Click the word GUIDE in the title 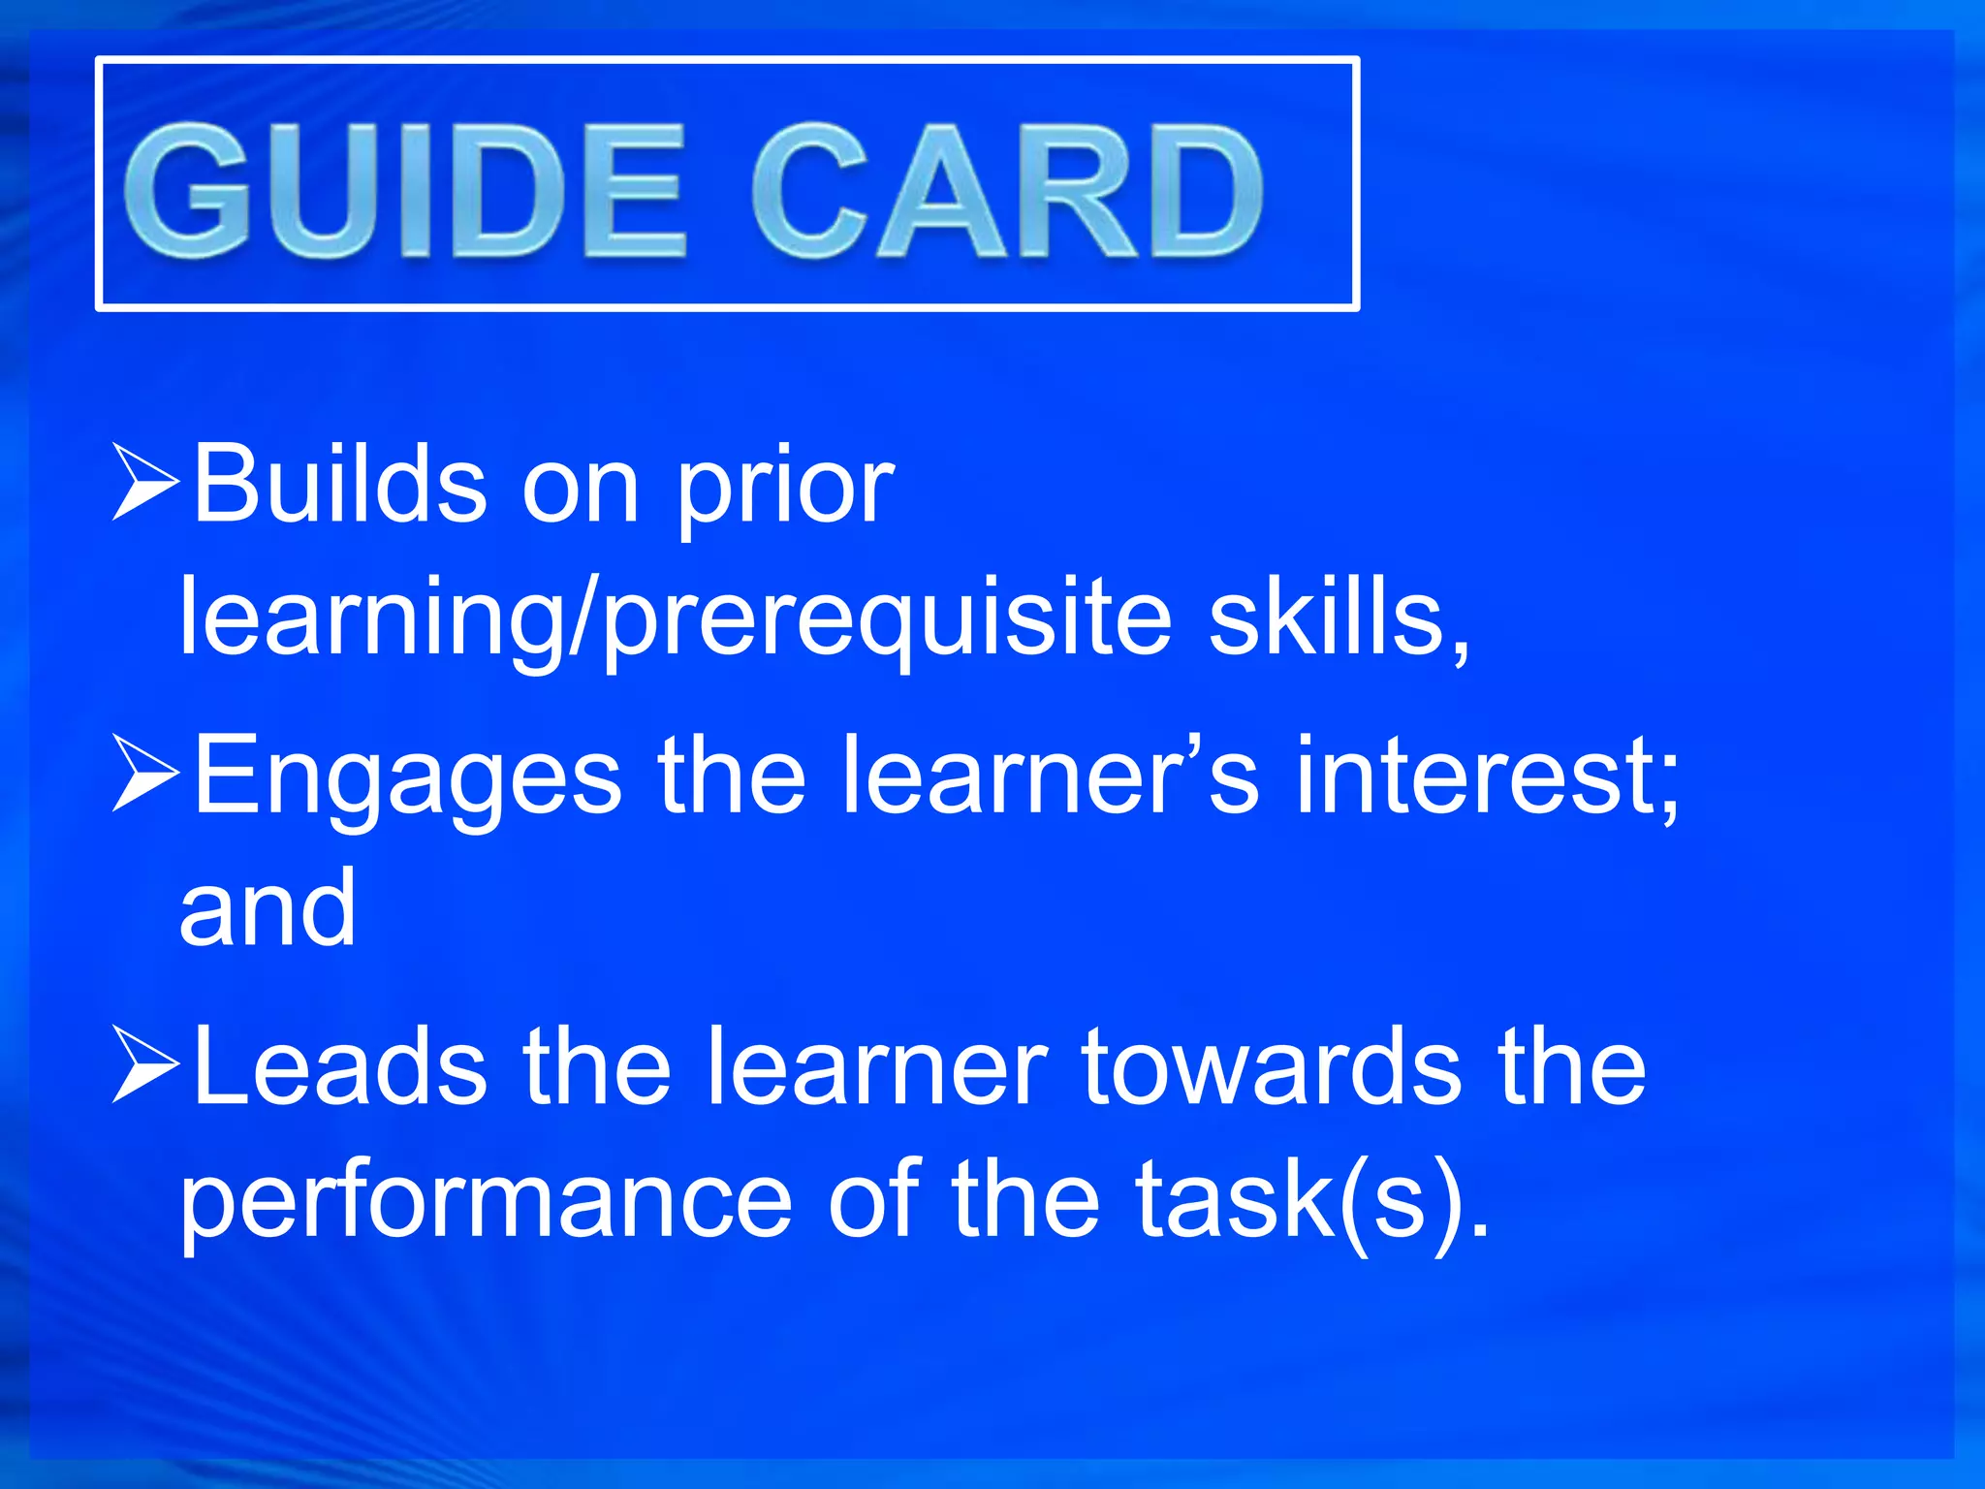(x=405, y=191)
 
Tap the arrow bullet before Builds (x=145, y=482)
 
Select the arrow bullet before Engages (x=145, y=773)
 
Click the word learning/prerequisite (x=676, y=620)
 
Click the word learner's (x=1051, y=775)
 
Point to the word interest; (x=1488, y=776)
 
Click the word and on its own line (x=268, y=907)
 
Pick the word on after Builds (x=581, y=490)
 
